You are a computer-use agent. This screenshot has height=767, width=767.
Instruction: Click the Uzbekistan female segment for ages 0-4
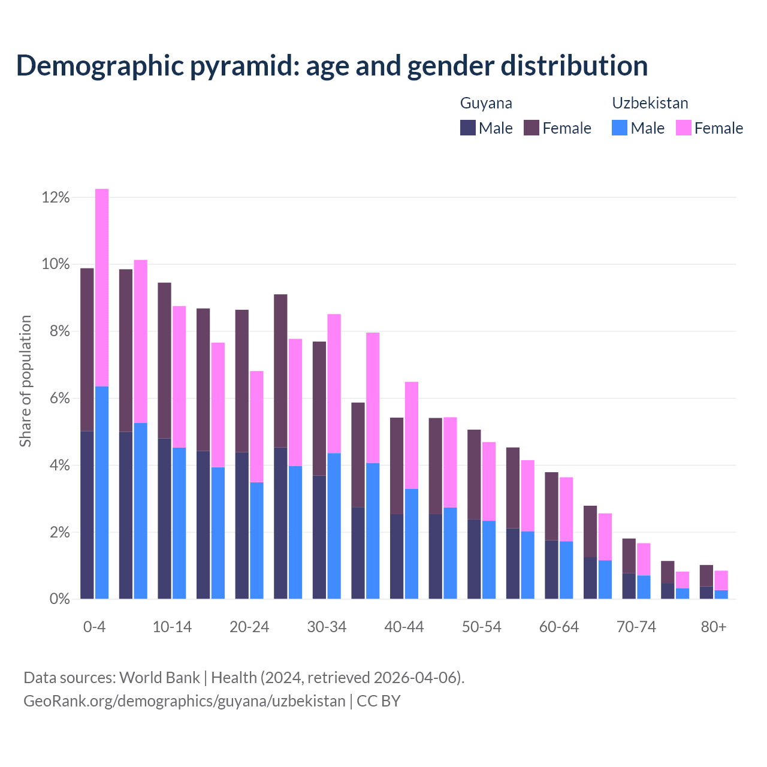pos(102,288)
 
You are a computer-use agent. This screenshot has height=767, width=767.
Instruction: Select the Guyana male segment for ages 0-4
pos(87,515)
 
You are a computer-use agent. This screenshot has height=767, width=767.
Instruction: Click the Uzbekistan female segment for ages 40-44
pos(412,435)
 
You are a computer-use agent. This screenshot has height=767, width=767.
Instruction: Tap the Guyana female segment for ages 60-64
pos(551,506)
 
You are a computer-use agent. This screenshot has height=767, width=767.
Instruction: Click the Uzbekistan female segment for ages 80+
pos(721,581)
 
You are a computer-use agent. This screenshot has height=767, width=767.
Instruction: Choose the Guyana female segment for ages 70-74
pos(629,556)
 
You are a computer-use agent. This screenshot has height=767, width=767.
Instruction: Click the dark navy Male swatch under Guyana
pos(468,128)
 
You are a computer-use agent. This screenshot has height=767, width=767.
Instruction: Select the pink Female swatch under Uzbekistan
pos(684,128)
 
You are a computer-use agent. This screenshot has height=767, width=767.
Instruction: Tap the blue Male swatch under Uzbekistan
pos(620,128)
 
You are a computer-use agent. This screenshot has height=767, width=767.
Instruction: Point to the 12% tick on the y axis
pos(56,197)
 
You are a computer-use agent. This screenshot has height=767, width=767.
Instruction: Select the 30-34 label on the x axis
pos(327,627)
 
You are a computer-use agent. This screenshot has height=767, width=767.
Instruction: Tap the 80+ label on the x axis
pos(714,627)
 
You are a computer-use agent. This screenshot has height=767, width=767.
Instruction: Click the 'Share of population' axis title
pos(25,381)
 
